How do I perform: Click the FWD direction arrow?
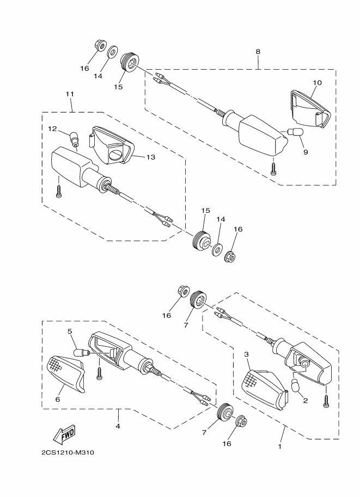(64, 434)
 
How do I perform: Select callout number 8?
(258, 52)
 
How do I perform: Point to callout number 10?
(317, 83)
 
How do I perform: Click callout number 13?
(150, 157)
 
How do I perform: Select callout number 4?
(118, 426)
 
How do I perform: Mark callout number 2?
(306, 401)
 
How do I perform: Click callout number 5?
(70, 331)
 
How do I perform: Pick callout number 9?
(305, 152)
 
